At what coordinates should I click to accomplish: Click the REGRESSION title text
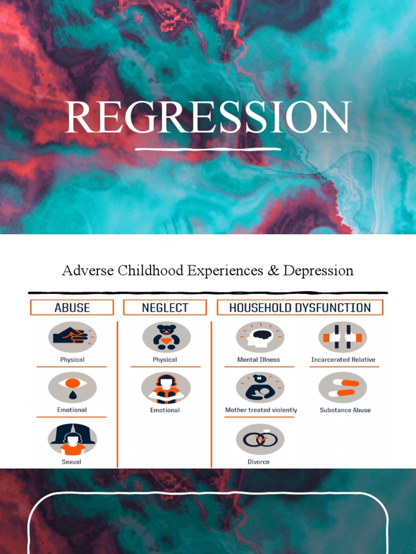click(208, 117)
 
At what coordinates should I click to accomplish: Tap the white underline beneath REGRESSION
click(208, 149)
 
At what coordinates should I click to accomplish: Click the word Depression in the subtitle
click(318, 271)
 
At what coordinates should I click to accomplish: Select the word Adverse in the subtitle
click(88, 271)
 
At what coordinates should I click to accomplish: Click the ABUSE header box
click(72, 307)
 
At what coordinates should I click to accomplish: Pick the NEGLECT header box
click(165, 307)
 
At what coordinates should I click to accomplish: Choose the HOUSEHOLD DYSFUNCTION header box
click(300, 307)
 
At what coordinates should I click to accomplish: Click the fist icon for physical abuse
click(72, 337)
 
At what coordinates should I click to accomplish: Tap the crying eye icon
click(72, 387)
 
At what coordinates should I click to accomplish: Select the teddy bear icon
click(166, 337)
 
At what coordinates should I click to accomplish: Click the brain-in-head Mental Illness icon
click(260, 337)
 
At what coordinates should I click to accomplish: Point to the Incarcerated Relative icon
click(342, 337)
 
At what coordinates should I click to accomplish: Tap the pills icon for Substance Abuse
click(342, 387)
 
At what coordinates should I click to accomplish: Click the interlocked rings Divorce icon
click(260, 439)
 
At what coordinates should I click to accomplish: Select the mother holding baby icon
click(260, 387)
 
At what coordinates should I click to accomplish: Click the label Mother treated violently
click(261, 410)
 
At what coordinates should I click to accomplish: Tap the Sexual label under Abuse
click(71, 462)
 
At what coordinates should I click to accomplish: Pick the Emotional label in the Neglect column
click(165, 410)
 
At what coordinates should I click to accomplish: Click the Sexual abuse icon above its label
click(72, 439)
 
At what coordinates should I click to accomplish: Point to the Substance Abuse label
click(345, 410)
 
